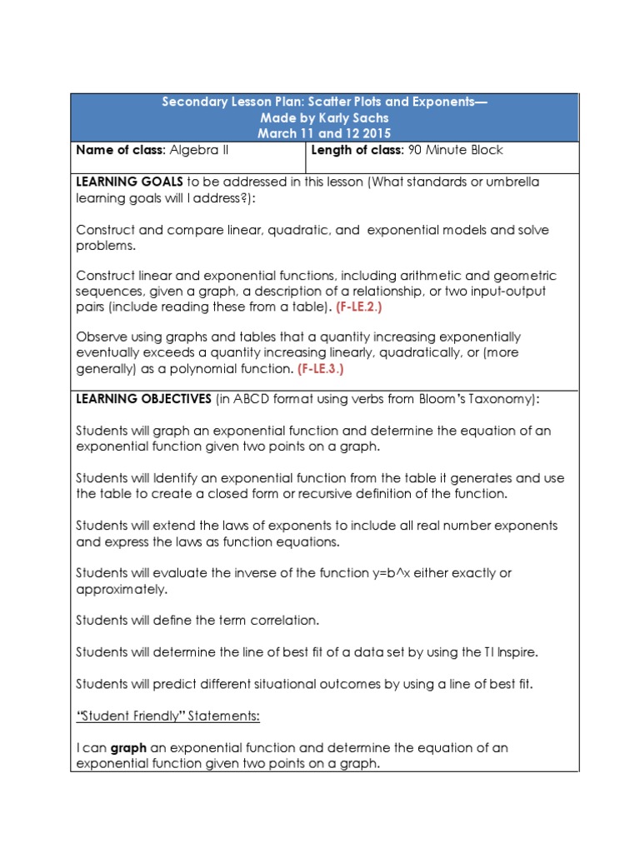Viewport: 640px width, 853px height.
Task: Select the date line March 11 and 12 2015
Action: pyautogui.click(x=324, y=132)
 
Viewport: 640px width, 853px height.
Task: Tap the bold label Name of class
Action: pyautogui.click(x=121, y=151)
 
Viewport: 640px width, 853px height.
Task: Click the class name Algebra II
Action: pyautogui.click(x=199, y=151)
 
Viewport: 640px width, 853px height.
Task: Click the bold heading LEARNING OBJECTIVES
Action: pyautogui.click(x=143, y=399)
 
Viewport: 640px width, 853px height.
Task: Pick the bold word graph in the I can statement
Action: pyautogui.click(x=128, y=747)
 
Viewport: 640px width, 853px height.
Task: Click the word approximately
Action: pyautogui.click(x=122, y=589)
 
